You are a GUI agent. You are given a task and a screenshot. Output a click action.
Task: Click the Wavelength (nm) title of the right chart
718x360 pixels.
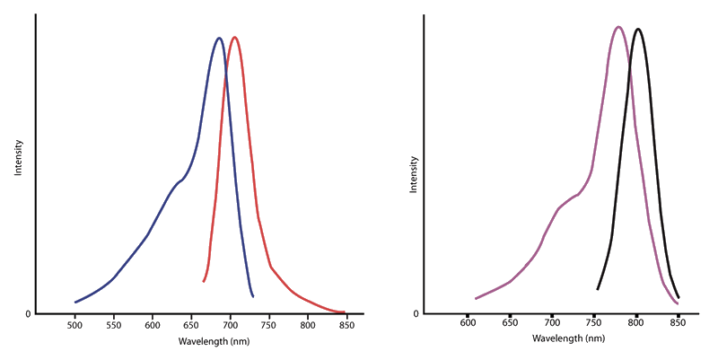click(570, 339)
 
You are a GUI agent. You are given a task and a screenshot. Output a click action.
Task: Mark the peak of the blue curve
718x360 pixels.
click(219, 38)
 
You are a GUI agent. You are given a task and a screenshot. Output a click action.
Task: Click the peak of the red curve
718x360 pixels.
click(234, 37)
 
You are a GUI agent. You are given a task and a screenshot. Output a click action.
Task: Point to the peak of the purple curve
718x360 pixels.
click(618, 26)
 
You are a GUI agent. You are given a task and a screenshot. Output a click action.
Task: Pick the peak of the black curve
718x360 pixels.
click(637, 29)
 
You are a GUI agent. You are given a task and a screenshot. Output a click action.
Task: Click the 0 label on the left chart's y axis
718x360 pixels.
click(28, 314)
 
